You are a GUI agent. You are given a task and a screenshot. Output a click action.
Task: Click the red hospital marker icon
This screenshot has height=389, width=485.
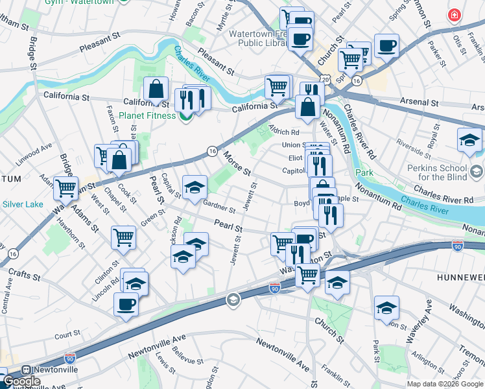pos(455,14)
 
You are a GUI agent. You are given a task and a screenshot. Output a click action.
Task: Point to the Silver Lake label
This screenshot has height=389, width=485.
pos(22,204)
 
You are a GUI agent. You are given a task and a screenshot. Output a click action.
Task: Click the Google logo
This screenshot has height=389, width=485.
pos(21,381)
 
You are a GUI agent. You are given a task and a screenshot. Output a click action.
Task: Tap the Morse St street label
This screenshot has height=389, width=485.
pos(237,163)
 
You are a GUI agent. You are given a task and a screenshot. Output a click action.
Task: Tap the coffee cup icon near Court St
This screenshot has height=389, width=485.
pos(126,303)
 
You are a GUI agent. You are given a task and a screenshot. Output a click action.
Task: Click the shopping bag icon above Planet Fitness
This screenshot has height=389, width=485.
pos(156,90)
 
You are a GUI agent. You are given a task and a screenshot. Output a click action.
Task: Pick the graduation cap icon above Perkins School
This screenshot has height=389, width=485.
pos(469,139)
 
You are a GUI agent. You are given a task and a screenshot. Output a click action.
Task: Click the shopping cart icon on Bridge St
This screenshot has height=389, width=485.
pos(65,189)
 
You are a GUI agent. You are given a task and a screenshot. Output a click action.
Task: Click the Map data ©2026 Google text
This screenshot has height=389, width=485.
pos(445,384)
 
